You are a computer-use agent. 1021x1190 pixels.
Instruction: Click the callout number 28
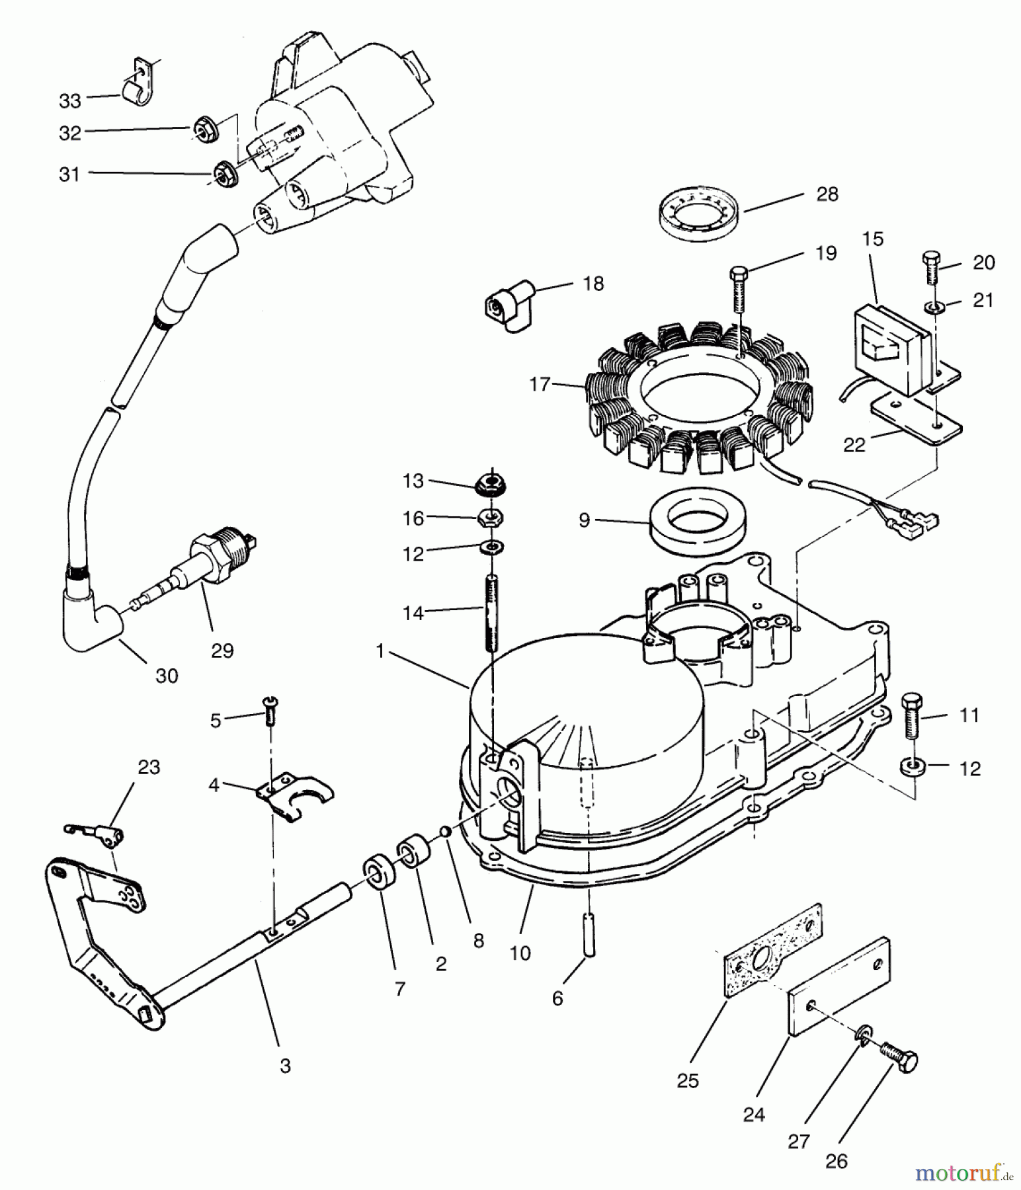click(827, 194)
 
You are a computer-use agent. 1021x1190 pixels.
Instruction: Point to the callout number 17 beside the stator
click(540, 383)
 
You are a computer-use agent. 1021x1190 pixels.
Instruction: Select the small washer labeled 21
click(933, 307)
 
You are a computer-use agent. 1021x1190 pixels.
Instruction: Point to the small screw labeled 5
click(270, 711)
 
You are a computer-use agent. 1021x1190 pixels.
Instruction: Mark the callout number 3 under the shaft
click(285, 1066)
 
